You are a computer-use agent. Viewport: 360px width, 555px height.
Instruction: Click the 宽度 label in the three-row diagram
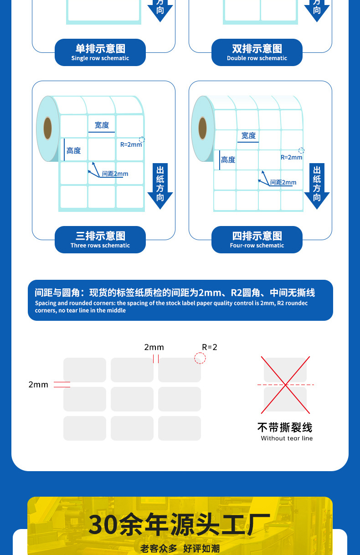[x=102, y=125]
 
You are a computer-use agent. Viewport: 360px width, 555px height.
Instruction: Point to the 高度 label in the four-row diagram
[x=228, y=159]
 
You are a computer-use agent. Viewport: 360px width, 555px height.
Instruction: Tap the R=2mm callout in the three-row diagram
[x=131, y=144]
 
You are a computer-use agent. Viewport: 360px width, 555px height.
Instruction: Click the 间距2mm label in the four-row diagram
[x=283, y=182]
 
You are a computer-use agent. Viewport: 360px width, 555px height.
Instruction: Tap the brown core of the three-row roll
[x=47, y=128]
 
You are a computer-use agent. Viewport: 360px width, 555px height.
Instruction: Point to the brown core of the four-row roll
[x=202, y=128]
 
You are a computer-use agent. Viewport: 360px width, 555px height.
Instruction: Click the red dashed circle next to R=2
[x=200, y=358]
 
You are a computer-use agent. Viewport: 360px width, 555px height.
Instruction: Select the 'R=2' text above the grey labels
[x=210, y=347]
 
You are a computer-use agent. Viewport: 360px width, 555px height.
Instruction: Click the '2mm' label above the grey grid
[x=154, y=347]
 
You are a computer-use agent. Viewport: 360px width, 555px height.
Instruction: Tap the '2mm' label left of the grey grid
[x=38, y=385]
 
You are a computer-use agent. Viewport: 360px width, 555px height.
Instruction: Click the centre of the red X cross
[x=285, y=385]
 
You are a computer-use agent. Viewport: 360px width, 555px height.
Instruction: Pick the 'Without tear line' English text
[x=287, y=438]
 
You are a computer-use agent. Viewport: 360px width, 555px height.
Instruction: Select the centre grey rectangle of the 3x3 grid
[x=132, y=399]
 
